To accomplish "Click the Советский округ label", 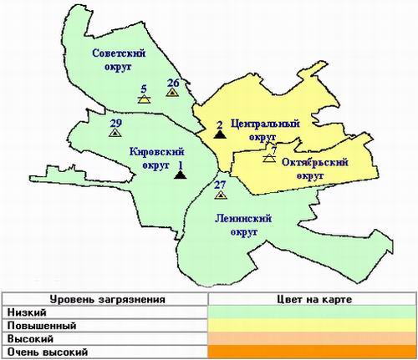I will [x=117, y=61].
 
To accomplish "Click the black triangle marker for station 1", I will [x=179, y=175].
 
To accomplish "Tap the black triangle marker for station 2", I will [x=218, y=133].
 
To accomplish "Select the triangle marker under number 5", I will [x=144, y=99].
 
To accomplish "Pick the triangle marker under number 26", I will [x=172, y=94].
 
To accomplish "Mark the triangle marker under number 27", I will [x=220, y=195].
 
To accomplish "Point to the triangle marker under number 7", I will [x=269, y=158].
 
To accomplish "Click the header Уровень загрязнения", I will [x=105, y=297].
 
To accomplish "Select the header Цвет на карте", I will [x=312, y=297].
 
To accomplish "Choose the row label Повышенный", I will [x=35, y=325].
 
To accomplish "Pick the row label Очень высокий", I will [x=43, y=352].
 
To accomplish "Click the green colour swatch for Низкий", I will [x=312, y=312].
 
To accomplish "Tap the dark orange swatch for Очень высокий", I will [x=312, y=352].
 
